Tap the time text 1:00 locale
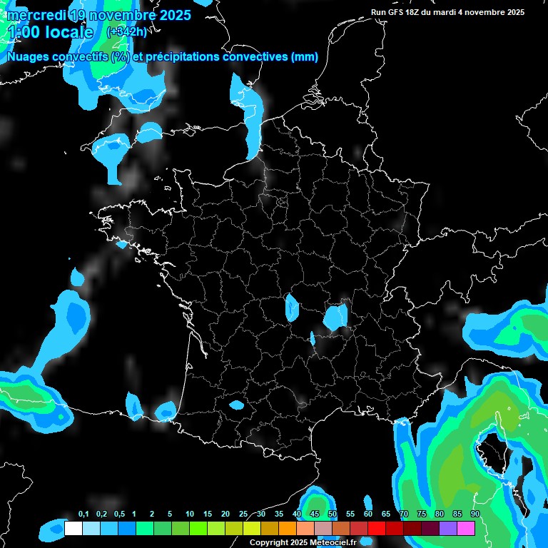click(x=51, y=32)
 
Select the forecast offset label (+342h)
click(x=126, y=31)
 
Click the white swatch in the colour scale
click(x=73, y=528)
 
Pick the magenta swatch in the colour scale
click(x=466, y=528)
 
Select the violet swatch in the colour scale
click(x=448, y=528)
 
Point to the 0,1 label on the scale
click(x=83, y=514)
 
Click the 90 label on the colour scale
click(x=475, y=514)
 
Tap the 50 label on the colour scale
click(x=333, y=514)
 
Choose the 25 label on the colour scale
click(x=243, y=514)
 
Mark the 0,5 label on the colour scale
click(x=119, y=514)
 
